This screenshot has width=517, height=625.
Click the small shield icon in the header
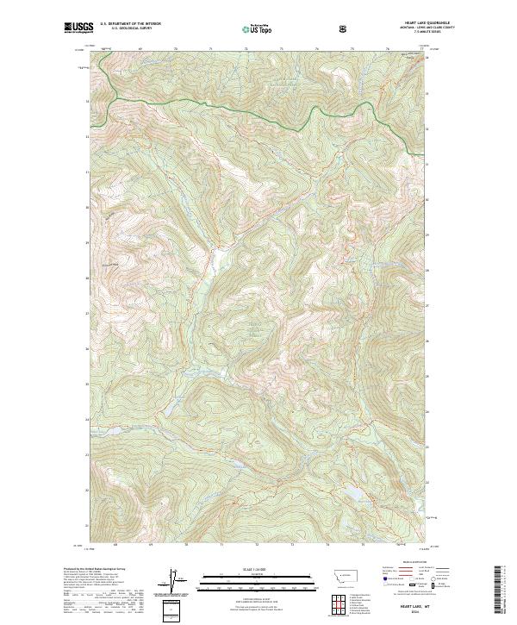[345, 28]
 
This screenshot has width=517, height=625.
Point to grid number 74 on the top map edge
[317, 49]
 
